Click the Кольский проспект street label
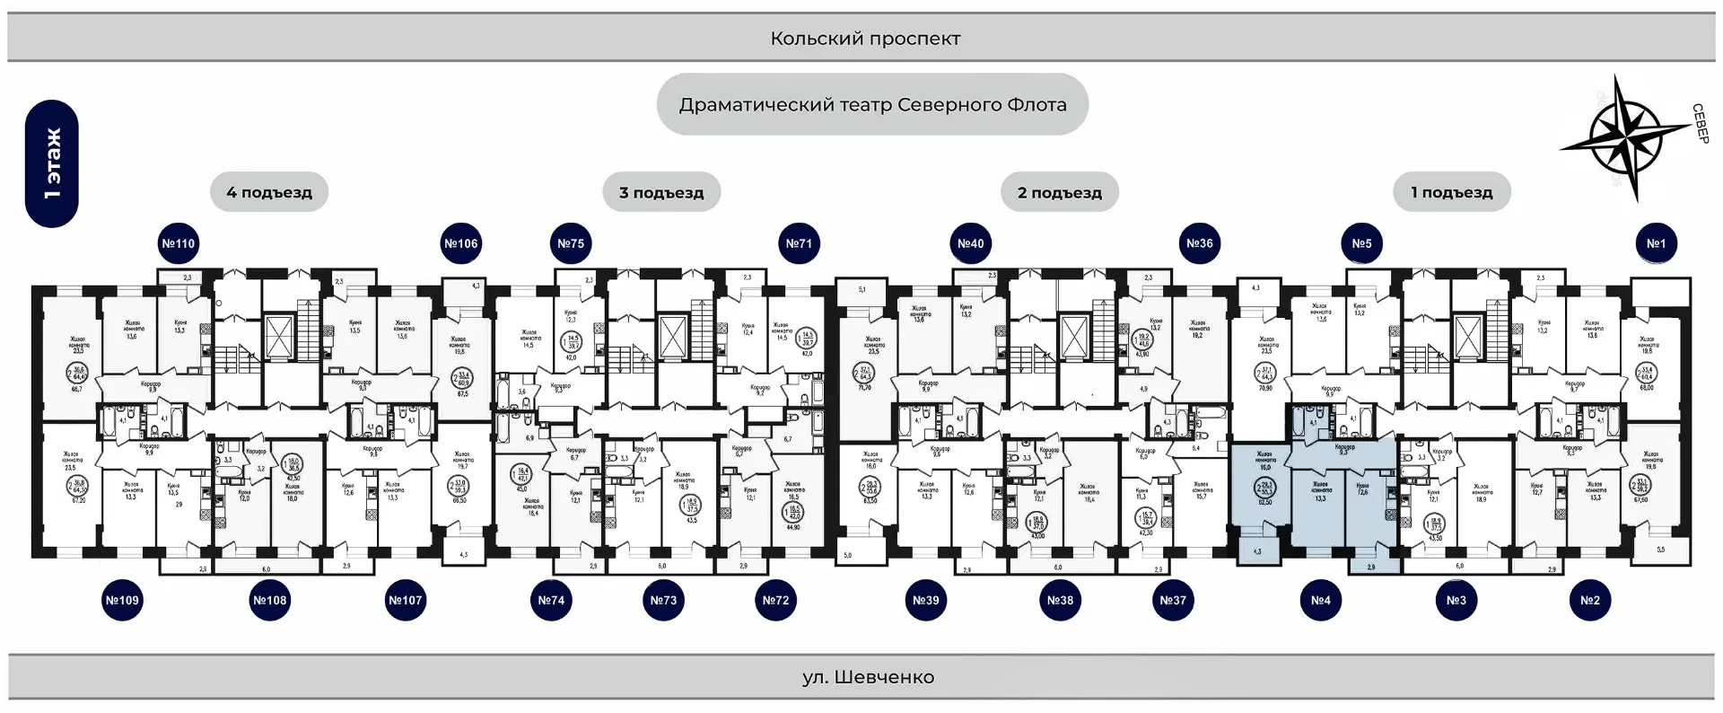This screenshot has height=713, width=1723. point(865,39)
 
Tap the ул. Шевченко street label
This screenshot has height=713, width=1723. point(868,677)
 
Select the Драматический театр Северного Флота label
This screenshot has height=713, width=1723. point(872,105)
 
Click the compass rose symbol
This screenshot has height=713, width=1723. point(1625,137)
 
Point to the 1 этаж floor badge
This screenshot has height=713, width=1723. point(52,163)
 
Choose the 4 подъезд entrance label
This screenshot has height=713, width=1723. point(269,192)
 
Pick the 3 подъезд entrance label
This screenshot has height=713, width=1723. point(661,192)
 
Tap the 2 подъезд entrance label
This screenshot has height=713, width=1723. point(1060,192)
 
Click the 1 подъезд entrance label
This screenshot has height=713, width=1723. point(1452,192)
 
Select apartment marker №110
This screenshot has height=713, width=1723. point(178,243)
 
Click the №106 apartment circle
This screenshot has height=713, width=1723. point(461,243)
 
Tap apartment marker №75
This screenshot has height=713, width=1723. point(571,243)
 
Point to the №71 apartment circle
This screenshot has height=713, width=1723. point(799,243)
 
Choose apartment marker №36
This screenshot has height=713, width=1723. point(1200,243)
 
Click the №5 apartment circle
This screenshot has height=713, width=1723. point(1362,243)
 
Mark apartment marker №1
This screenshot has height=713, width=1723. point(1657,243)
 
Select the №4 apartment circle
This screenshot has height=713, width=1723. point(1321,600)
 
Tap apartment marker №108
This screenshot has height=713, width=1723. point(270,600)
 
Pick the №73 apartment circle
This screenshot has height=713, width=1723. point(663,600)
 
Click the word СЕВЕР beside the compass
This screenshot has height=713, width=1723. point(1700,124)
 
